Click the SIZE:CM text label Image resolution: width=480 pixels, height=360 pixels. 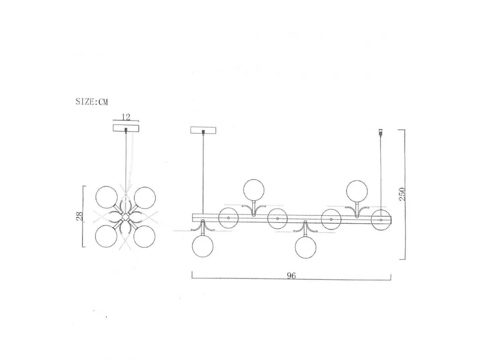pyautogui.click(x=92, y=102)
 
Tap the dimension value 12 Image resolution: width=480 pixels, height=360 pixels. pyautogui.click(x=126, y=117)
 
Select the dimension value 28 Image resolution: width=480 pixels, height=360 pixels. pyautogui.click(x=80, y=216)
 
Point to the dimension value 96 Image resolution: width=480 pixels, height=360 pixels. pyautogui.click(x=291, y=276)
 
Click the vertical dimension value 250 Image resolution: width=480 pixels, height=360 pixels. pyautogui.click(x=402, y=194)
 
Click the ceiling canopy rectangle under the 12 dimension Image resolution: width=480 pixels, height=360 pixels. pyautogui.click(x=126, y=128)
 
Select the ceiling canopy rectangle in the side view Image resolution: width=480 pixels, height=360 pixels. pyautogui.click(x=203, y=130)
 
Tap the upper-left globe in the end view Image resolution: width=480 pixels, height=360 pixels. pyautogui.click(x=106, y=197)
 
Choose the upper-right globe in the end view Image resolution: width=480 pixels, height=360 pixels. pyautogui.click(x=145, y=198)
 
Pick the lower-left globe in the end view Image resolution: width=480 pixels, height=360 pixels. pyautogui.click(x=106, y=236)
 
